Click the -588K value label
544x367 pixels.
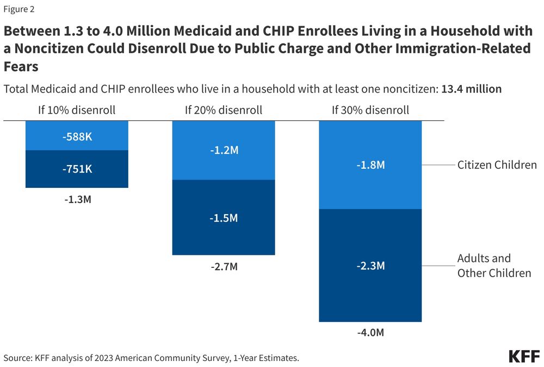(x=77, y=137)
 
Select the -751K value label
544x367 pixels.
(x=77, y=169)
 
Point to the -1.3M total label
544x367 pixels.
(x=77, y=199)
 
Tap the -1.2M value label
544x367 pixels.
(x=224, y=150)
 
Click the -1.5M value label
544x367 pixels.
(x=224, y=218)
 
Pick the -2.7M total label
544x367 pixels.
(x=224, y=267)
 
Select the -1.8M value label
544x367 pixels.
(x=370, y=164)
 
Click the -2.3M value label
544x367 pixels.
(x=370, y=266)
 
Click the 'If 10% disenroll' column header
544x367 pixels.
(x=77, y=110)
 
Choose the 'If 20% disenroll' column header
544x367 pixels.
(x=224, y=110)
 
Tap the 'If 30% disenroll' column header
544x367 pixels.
(x=370, y=110)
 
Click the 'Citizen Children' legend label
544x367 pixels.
(x=497, y=164)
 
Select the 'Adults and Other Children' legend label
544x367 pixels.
(x=494, y=266)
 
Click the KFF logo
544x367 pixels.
(x=523, y=357)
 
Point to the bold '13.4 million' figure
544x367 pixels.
(x=471, y=89)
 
